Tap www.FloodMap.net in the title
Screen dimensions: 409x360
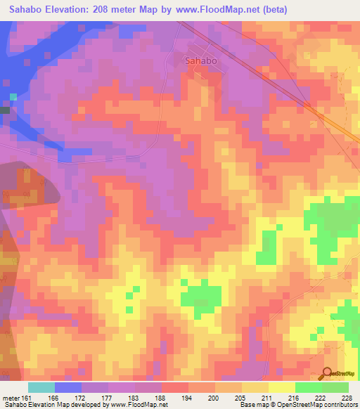click(x=217, y=9)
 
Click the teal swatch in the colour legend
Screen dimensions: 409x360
click(x=41, y=387)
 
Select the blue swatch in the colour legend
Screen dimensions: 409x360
click(x=68, y=387)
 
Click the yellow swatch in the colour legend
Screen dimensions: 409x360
click(x=282, y=387)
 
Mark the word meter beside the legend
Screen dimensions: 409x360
click(x=10, y=398)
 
